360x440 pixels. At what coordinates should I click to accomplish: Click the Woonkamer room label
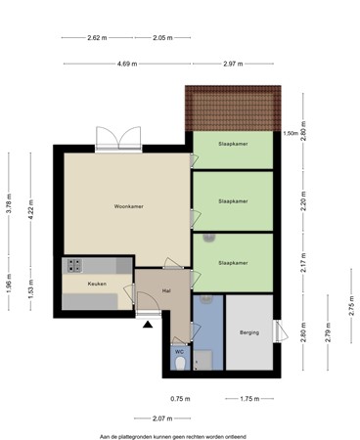point(129,207)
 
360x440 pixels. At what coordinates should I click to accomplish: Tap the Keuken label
point(97,284)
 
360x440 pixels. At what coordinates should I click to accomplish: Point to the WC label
point(179,350)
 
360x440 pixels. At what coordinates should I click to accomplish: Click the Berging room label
point(249,333)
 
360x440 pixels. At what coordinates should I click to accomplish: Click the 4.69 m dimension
point(127,64)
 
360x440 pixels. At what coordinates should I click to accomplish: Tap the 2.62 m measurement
point(96,37)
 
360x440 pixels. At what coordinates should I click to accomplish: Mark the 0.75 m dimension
point(179,399)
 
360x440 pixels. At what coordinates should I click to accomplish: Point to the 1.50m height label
point(290,134)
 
